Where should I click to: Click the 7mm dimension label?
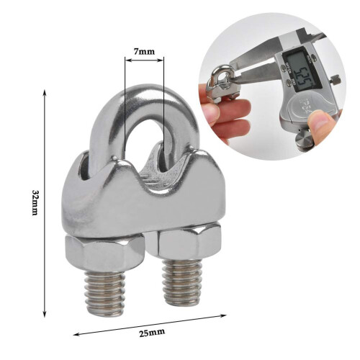pyautogui.click(x=144, y=53)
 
